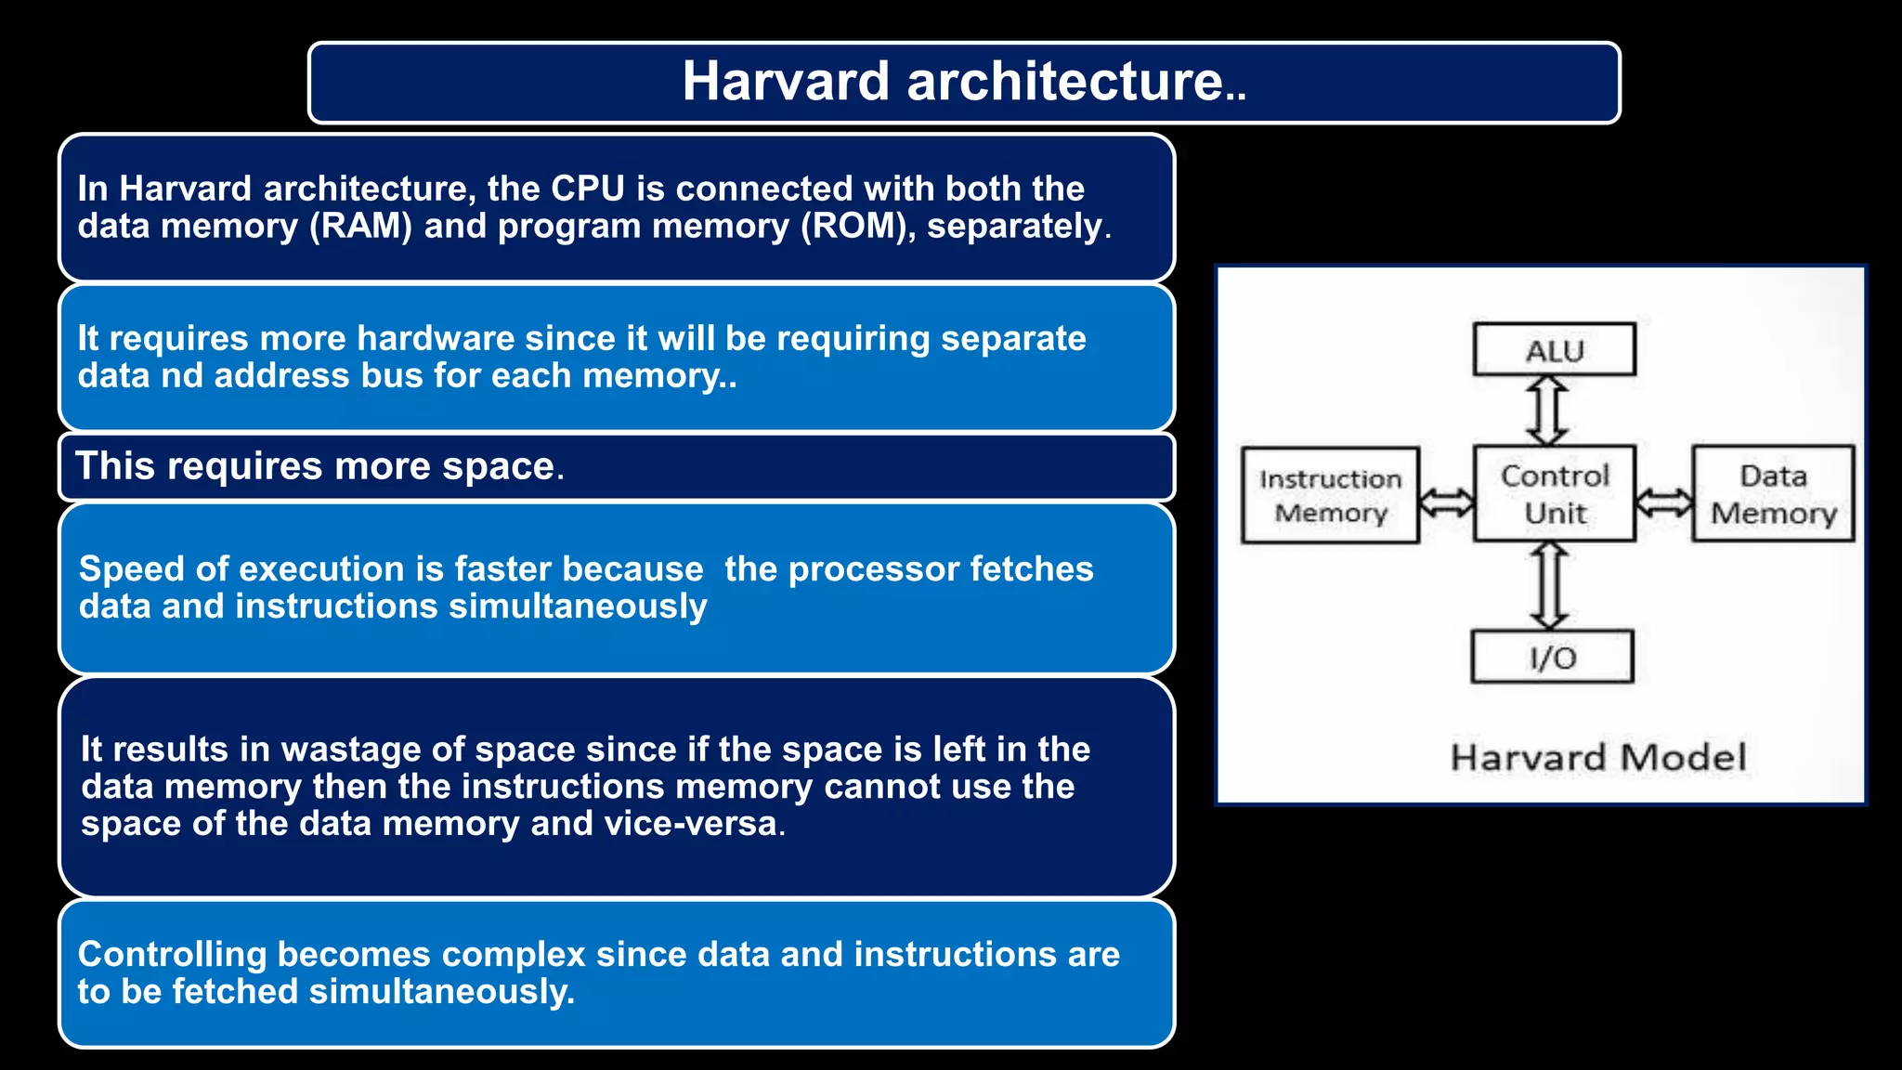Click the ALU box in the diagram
1554,350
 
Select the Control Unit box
1554,494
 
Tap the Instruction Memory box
1330,496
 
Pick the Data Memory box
1773,494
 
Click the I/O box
1552,658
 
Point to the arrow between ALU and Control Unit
1548,411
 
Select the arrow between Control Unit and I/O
1549,586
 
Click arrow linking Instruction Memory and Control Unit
1447,502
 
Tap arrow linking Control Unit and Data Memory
1664,502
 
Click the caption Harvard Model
1597,757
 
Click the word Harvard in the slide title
786,81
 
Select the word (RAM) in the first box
360,226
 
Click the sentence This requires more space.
319,465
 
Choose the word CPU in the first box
587,189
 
